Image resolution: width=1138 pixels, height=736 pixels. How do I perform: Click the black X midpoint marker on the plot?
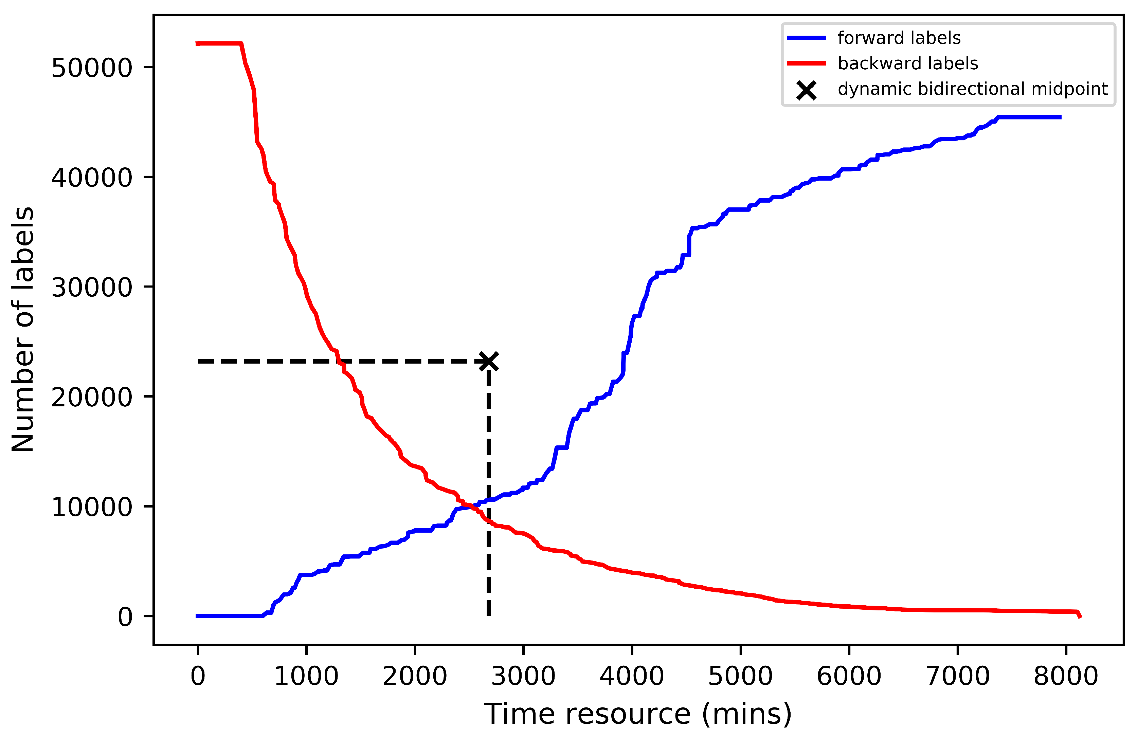[488, 361]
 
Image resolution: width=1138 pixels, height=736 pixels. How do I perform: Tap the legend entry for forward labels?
[899, 38]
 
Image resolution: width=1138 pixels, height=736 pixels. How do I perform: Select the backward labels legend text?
[908, 63]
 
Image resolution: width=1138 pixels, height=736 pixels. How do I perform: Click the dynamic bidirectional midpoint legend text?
[972, 89]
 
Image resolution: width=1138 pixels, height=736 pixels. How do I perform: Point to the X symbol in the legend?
[806, 90]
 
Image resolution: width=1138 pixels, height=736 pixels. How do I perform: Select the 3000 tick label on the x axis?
[523, 676]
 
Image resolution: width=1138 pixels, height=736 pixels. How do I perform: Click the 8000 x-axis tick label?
[1066, 676]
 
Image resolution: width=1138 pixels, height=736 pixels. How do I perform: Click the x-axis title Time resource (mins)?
[637, 714]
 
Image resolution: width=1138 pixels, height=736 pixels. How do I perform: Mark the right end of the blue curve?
[1061, 117]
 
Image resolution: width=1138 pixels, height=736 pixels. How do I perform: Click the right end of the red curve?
[1080, 617]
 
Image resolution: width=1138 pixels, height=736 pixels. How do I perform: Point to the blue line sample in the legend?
[806, 38]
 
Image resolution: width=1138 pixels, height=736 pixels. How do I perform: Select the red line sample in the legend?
[806, 63]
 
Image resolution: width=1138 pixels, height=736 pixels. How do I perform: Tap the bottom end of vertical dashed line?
[488, 615]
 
